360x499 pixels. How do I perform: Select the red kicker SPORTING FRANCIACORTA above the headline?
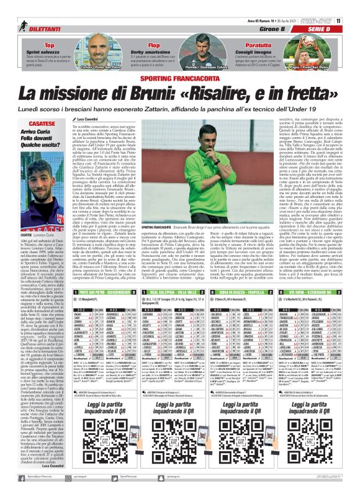coord(180,81)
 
